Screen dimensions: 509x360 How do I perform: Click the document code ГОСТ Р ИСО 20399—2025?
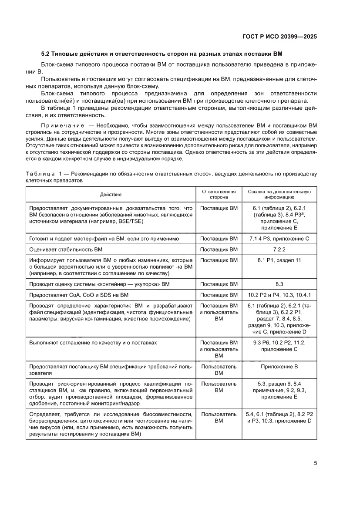(x=279, y=37)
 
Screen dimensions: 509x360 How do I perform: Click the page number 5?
(x=315, y=463)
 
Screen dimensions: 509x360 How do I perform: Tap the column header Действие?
(x=111, y=194)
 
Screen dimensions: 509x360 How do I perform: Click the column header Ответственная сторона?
(x=219, y=194)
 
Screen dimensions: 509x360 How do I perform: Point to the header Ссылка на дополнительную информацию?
(x=279, y=194)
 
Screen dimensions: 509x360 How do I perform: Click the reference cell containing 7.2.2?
(x=279, y=249)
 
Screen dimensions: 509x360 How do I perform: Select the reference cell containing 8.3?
(x=279, y=284)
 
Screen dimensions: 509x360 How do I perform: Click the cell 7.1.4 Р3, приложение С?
(x=279, y=239)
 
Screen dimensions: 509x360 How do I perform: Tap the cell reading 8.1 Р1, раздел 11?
(x=279, y=260)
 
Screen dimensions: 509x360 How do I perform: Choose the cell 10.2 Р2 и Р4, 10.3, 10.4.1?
(x=279, y=295)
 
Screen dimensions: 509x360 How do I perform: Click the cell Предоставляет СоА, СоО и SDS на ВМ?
(x=79, y=295)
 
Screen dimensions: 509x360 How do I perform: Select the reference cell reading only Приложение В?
(x=279, y=367)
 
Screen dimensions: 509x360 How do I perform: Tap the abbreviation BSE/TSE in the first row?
(x=131, y=221)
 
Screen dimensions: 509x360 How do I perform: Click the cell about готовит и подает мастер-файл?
(x=104, y=239)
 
